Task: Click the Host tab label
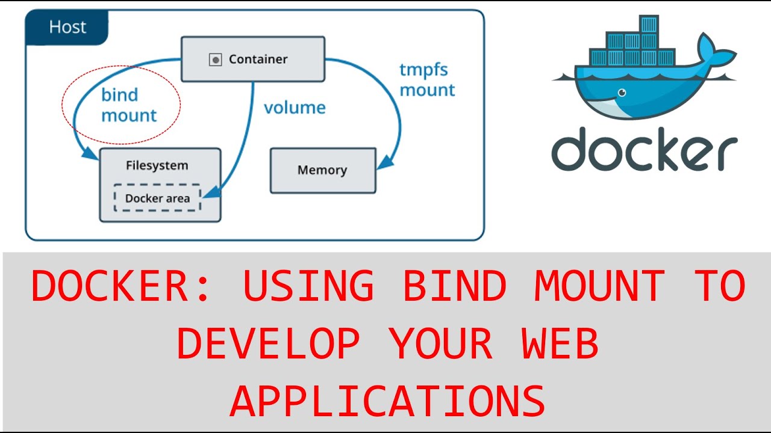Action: [67, 27]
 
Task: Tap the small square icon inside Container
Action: [215, 60]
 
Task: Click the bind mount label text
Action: [128, 105]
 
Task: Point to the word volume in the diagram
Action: [295, 108]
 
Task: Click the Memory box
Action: [322, 170]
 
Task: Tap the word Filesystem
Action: [157, 165]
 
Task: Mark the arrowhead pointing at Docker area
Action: [207, 193]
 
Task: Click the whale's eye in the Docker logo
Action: [621, 93]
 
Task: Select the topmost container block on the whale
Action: [649, 24]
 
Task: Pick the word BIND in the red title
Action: [454, 286]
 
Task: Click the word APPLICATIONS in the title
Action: [387, 402]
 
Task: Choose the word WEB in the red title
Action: [560, 344]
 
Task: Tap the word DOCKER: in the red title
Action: [120, 286]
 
